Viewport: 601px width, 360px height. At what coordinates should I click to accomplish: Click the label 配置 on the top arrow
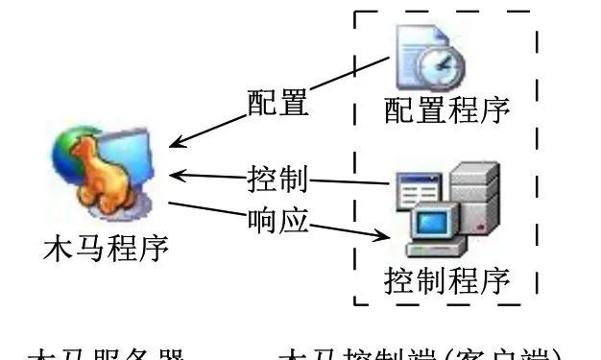(277, 103)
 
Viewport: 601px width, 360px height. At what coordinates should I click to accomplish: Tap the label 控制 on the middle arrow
(276, 178)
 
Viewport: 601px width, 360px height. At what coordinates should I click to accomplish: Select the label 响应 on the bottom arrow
(276, 220)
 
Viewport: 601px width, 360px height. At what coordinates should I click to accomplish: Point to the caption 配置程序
(446, 108)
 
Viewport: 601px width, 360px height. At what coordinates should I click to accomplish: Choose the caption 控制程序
(446, 280)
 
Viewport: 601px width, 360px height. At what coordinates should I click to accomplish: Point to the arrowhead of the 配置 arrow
(174, 145)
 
